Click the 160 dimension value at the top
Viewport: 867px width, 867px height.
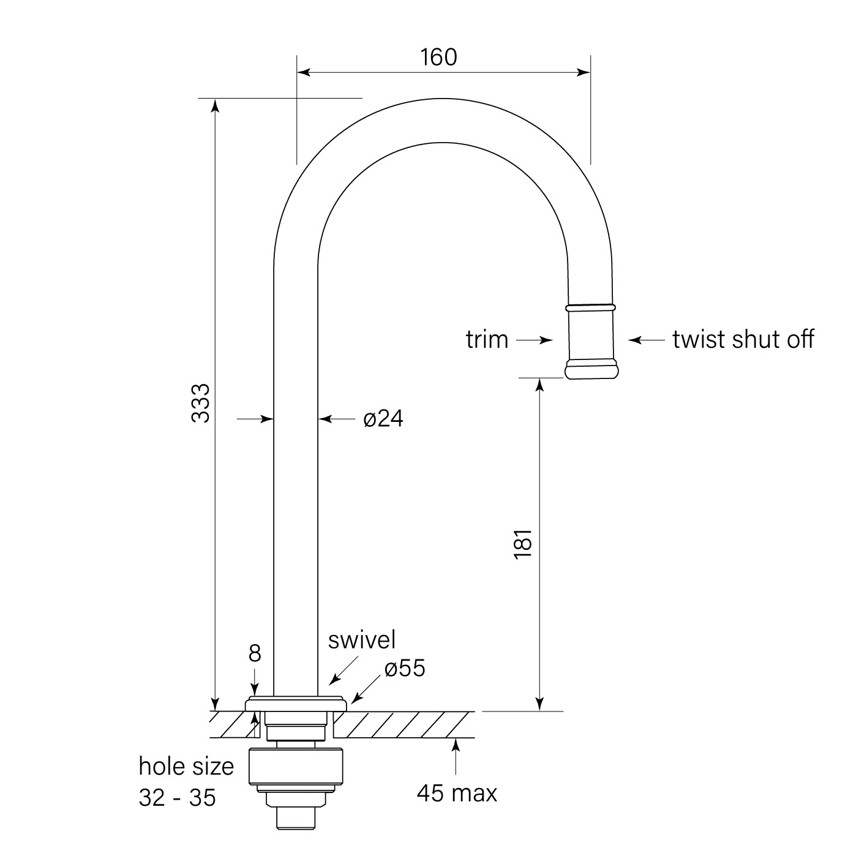pos(438,57)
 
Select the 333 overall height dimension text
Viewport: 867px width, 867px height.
pos(201,402)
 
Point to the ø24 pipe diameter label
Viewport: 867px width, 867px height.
pos(383,419)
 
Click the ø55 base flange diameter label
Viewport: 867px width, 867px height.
pos(405,669)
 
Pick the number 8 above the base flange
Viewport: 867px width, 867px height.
pos(255,653)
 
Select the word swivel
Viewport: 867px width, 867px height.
pos(362,640)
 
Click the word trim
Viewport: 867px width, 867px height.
pos(487,339)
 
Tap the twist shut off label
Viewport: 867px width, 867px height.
pos(743,339)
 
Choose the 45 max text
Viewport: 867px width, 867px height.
pos(457,794)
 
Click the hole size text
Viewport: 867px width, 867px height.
pos(186,766)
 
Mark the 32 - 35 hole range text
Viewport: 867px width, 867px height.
pos(177,798)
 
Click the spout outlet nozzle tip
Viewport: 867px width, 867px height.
pos(591,370)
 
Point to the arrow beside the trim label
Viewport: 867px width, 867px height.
pos(535,340)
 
